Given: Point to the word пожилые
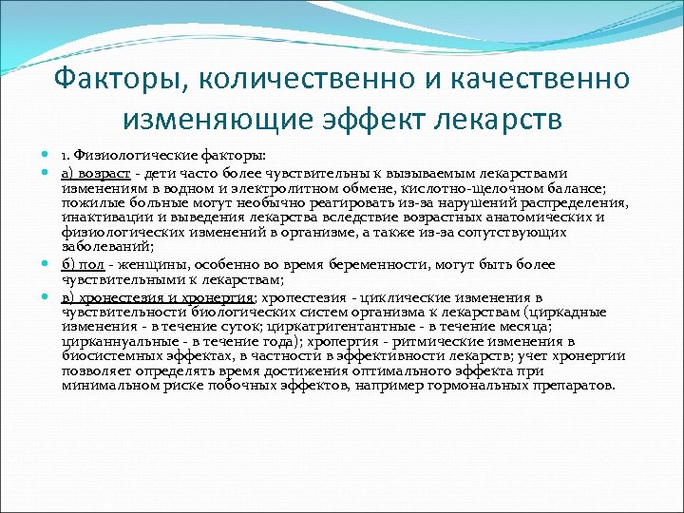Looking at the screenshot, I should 91,202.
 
